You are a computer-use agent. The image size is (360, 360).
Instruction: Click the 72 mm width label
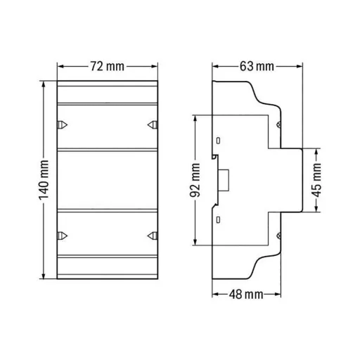point(107,67)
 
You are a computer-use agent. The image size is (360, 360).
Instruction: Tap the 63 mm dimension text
point(256,67)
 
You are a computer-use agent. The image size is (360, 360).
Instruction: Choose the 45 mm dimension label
point(317,179)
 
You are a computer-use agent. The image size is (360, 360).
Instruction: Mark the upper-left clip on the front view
point(61,124)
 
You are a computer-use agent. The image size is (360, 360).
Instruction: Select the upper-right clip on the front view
point(151,124)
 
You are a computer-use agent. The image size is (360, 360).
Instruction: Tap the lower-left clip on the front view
point(61,236)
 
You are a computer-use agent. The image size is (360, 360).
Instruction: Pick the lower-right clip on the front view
point(151,236)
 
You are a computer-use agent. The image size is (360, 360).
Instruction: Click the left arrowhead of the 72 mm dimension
point(60,67)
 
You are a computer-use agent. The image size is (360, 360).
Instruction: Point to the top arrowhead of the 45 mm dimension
point(317,150)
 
